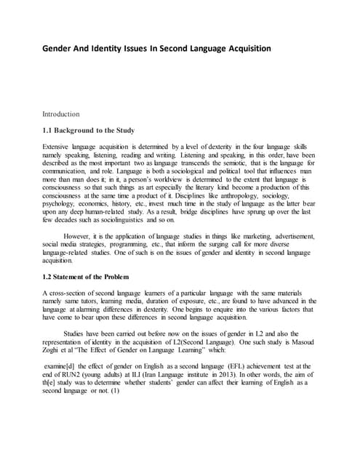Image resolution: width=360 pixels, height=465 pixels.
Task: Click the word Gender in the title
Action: point(62,49)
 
